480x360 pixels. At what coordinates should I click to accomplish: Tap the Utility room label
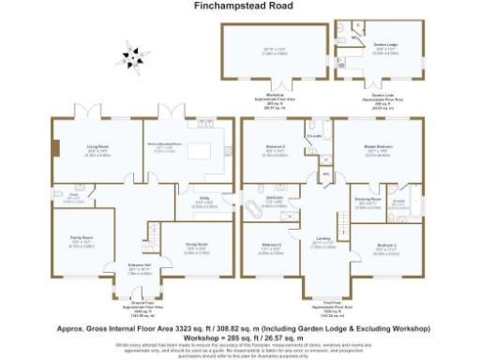click(x=203, y=200)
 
